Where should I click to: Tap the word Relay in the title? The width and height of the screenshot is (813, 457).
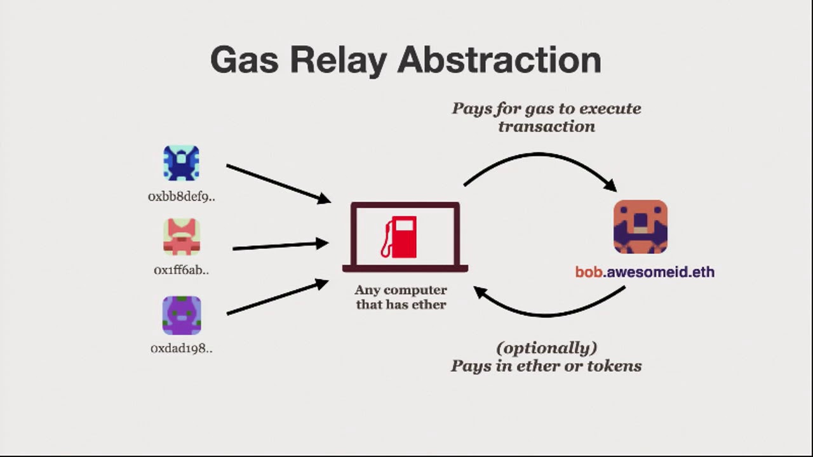338,60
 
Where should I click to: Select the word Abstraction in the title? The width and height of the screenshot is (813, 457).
499,60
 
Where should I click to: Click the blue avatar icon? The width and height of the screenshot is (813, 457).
182,163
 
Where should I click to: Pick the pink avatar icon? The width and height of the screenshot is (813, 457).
182,237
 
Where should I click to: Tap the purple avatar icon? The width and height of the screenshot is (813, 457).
182,315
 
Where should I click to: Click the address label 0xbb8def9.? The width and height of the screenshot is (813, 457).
182,197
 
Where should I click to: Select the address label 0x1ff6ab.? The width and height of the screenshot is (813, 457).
182,270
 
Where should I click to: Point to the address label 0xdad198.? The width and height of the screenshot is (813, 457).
182,348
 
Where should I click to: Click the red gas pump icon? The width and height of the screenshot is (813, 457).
400,237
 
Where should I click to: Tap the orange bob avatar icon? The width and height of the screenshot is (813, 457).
640,227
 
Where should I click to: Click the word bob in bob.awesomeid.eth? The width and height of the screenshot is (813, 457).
588,272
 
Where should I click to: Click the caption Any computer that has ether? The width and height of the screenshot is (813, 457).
401,297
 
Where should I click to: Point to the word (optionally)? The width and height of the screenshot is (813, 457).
547,348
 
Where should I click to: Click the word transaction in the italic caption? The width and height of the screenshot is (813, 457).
546,126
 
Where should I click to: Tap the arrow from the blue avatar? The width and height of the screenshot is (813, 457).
278,183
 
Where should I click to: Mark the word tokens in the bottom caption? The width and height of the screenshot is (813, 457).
616,366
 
